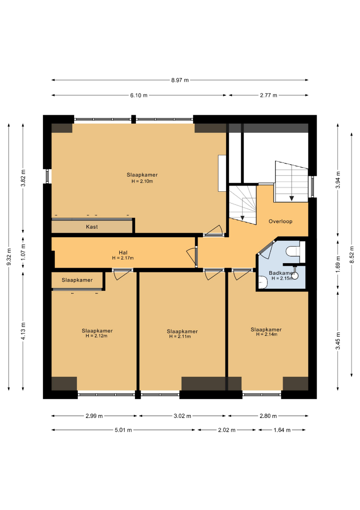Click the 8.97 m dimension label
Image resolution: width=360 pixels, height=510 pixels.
pos(180,80)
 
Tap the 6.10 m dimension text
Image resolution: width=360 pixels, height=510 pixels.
pos(139,95)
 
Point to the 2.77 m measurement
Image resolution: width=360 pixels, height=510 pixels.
pos(268,95)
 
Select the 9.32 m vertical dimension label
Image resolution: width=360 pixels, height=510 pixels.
pos(9,256)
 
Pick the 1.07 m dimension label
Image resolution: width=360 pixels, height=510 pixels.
pos(23,252)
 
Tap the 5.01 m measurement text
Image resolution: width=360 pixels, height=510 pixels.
pos(123,430)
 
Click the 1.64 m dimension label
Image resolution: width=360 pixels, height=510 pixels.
pos(282,430)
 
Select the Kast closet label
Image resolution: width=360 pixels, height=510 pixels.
pos(92,227)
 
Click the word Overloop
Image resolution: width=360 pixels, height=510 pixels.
pos(280,221)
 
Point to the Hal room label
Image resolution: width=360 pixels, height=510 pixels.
pos(123,252)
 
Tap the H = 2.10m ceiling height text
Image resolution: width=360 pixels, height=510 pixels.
pos(142,181)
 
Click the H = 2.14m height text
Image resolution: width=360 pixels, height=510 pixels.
pos(267,334)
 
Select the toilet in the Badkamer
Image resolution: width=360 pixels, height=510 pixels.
pos(293,251)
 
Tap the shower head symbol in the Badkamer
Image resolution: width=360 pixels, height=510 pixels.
pos(295,275)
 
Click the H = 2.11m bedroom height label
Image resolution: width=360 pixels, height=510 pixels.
pos(180,337)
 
